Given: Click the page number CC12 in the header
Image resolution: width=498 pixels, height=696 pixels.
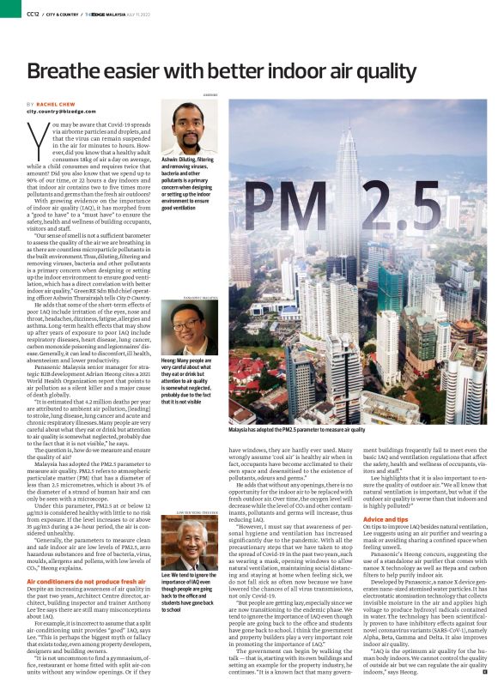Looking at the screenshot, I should pos(33,14).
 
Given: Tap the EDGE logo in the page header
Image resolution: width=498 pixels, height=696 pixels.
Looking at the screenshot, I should pos(109,14).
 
